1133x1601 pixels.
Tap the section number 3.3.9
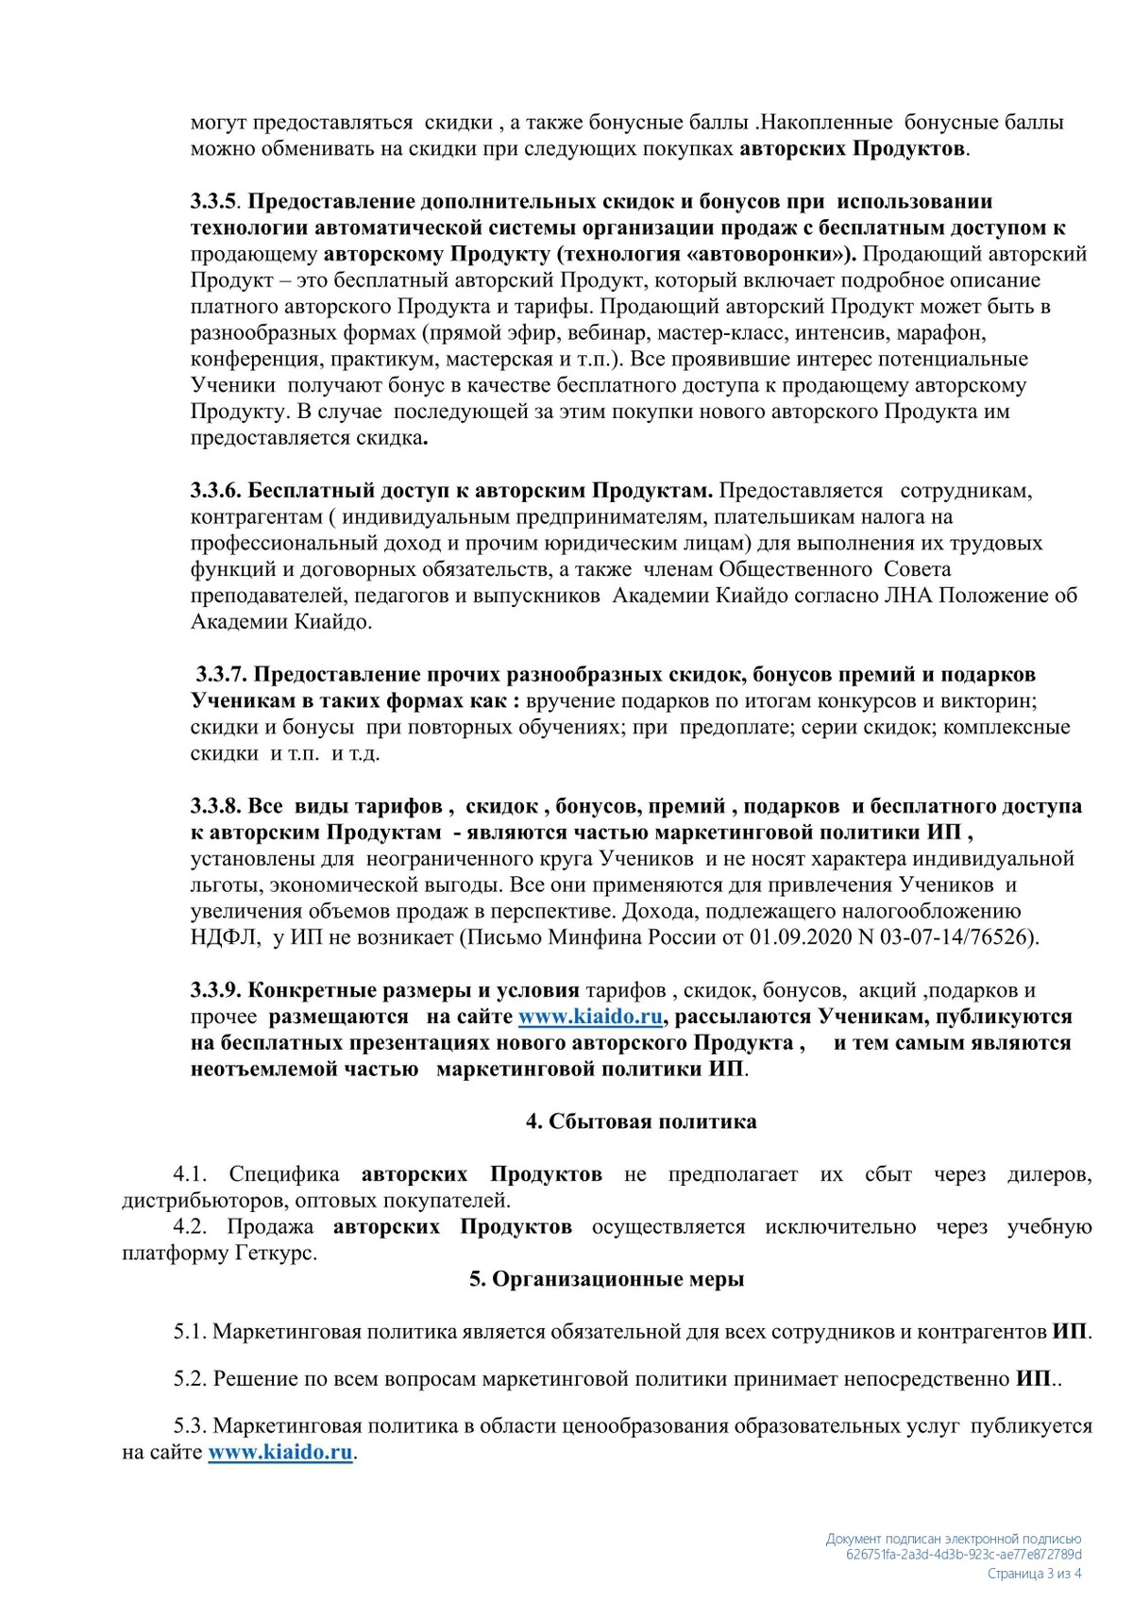216,990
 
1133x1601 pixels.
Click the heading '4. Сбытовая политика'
641,1121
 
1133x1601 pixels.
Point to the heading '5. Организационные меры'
607,1279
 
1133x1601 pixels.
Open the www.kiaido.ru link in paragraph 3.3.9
591,1017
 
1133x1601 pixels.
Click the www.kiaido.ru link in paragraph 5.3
280,1452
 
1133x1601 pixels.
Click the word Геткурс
275,1254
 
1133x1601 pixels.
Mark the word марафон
944,332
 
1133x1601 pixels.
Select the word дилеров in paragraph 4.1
1049,1174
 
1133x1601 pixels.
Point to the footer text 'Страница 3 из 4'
1034,1574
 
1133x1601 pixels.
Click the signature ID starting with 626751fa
964,1555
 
